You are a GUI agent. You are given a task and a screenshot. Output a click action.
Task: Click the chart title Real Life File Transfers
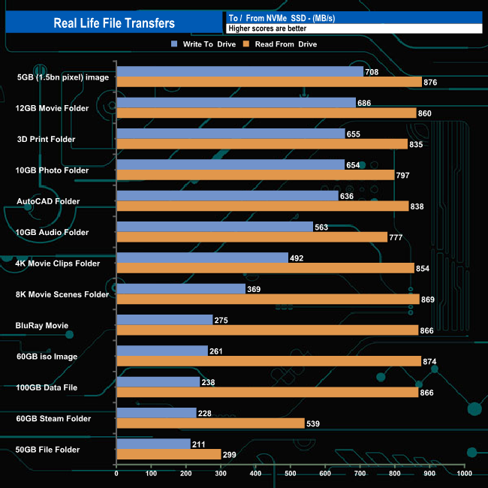tap(114, 23)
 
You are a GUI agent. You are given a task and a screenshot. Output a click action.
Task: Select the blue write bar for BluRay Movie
tap(164, 320)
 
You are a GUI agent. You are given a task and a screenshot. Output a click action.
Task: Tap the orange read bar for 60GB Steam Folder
tap(210, 423)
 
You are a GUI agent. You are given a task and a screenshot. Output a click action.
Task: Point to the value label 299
tap(230, 455)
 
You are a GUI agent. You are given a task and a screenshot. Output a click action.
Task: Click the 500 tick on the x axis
tap(291, 474)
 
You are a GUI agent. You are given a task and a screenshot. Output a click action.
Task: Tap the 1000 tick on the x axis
tap(464, 474)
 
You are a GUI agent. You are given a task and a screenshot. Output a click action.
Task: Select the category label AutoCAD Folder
tap(48, 201)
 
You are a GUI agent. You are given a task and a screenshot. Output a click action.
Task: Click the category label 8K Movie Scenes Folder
tap(62, 294)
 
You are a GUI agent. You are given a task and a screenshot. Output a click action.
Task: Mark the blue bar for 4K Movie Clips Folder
tap(202, 258)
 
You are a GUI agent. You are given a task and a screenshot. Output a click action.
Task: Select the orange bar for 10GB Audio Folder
tap(252, 237)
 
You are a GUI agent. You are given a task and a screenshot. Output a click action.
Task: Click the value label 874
tap(431, 362)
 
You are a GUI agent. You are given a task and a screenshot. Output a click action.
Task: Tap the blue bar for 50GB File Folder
tap(153, 444)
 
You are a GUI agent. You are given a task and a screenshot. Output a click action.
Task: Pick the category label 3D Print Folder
tap(46, 139)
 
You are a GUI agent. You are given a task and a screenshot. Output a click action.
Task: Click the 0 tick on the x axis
tap(116, 474)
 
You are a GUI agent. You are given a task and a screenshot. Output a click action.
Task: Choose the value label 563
tap(323, 227)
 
